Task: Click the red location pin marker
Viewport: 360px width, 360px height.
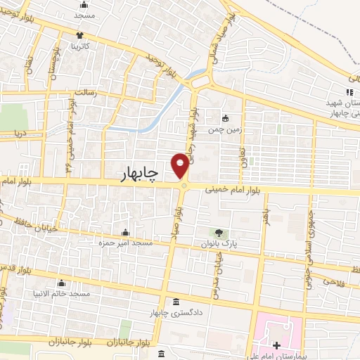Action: [181, 165]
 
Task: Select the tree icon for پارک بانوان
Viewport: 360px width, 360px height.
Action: [219, 233]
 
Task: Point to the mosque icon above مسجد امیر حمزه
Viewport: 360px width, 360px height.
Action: [126, 233]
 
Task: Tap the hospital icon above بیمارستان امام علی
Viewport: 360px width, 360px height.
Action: [278, 345]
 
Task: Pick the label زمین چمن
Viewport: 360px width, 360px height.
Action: [226, 130]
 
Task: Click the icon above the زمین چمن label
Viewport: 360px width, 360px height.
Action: [226, 119]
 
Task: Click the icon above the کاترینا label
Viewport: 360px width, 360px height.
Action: [81, 34]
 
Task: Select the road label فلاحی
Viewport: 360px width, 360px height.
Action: [332, 281]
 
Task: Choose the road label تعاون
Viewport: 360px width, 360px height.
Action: [241, 149]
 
